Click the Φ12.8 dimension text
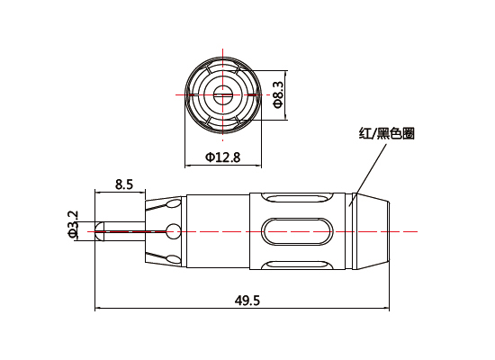tap(222, 157)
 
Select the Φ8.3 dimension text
tap(278, 94)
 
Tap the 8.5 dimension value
tap(124, 184)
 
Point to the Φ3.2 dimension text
tap(73, 224)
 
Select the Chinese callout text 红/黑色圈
tap(386, 134)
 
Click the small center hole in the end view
tap(222, 93)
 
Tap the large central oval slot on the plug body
tap(301, 232)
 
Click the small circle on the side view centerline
tap(172, 232)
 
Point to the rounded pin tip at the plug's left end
tap(100, 232)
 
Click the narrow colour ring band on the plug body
tap(353, 232)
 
